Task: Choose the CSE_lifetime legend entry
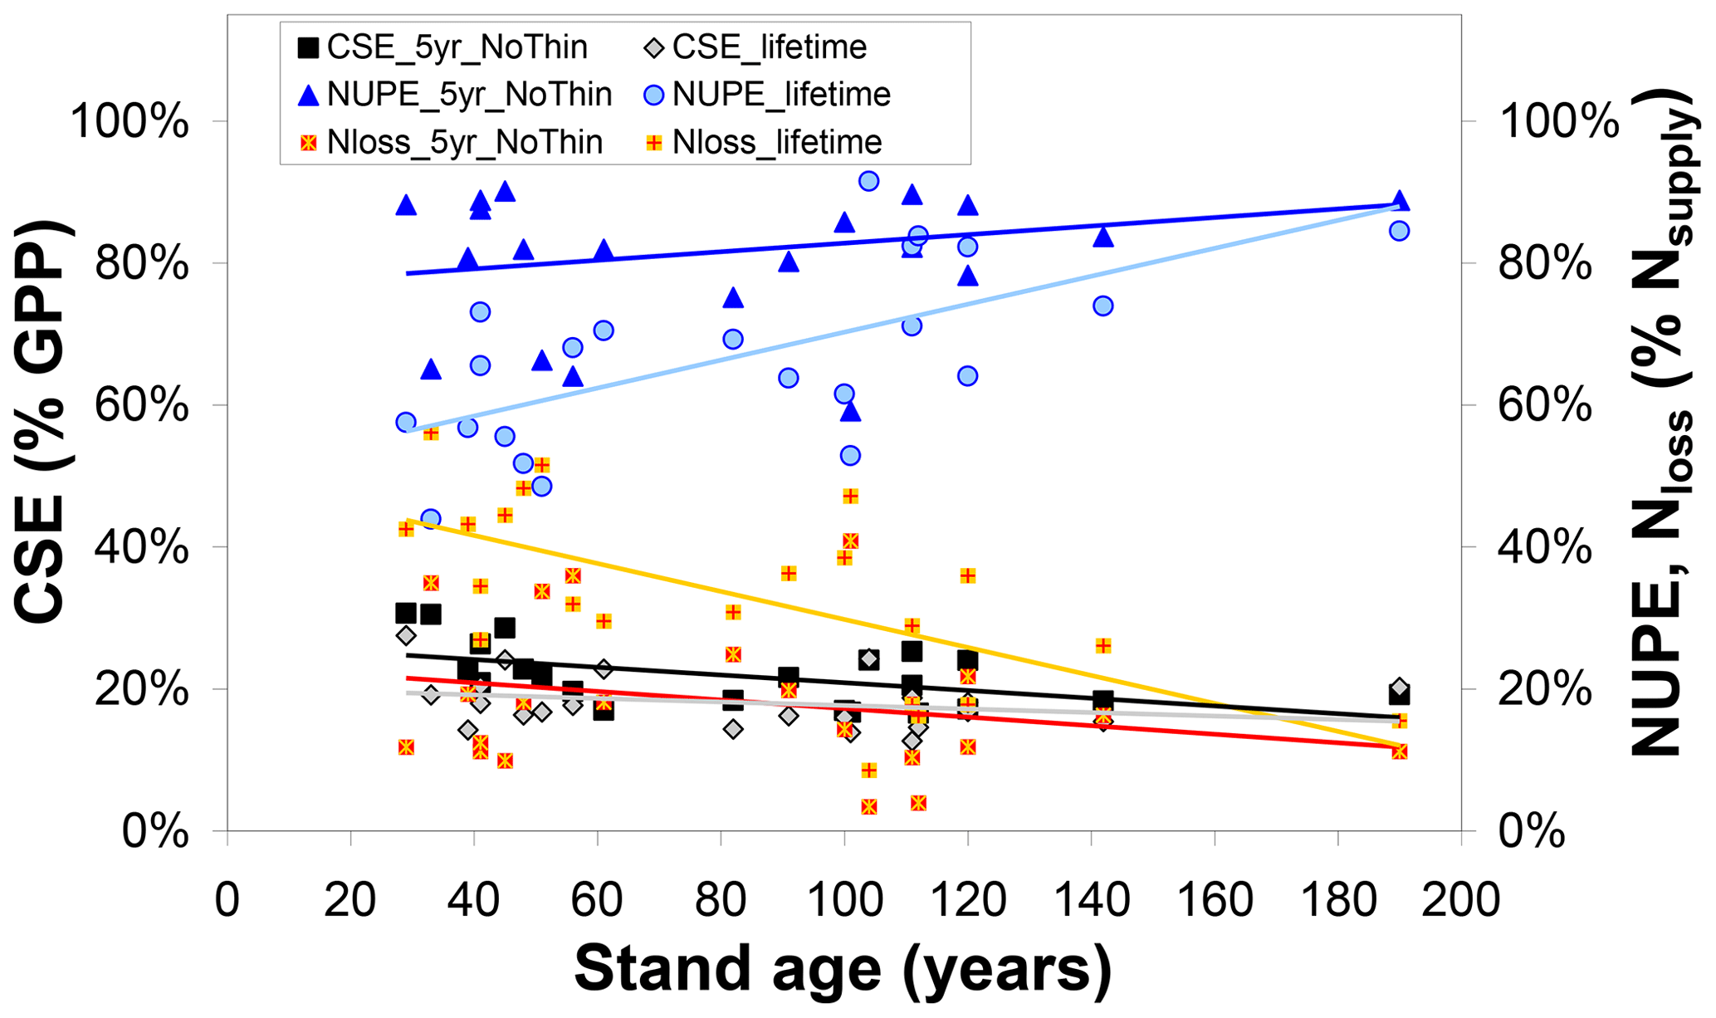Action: (755, 47)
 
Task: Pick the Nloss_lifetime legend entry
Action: (763, 142)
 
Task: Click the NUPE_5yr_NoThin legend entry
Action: (454, 95)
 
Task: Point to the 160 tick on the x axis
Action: (1215, 900)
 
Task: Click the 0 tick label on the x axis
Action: (227, 900)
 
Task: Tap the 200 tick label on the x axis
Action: (1460, 900)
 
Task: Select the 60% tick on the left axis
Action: (142, 406)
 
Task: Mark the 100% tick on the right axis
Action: (1559, 122)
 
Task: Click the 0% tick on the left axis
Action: (155, 831)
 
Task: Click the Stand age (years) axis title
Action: (843, 969)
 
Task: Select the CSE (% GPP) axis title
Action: (42, 422)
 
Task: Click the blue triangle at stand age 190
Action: (1399, 201)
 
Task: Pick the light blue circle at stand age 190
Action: (1399, 231)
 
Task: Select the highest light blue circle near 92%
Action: (868, 181)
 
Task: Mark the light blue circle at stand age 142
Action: (1102, 306)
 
